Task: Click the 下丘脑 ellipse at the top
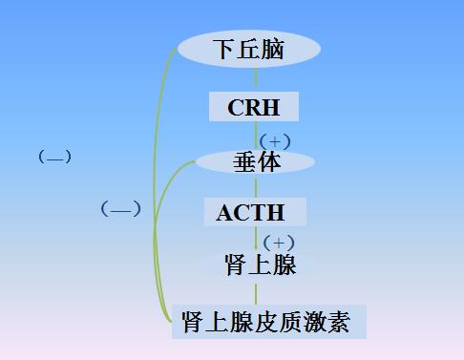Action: coord(248,48)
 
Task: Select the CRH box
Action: coord(253,106)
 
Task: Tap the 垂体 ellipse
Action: coord(256,162)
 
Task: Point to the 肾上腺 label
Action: coord(260,265)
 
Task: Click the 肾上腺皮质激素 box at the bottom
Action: coord(268,323)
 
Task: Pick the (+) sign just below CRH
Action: coord(275,141)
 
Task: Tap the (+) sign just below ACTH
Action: coord(278,243)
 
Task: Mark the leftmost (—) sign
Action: coord(54,157)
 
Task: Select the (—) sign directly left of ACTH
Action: coord(120,209)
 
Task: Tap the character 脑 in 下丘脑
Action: coord(273,49)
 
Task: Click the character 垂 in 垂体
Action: coord(244,162)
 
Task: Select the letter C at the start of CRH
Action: coord(235,107)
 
